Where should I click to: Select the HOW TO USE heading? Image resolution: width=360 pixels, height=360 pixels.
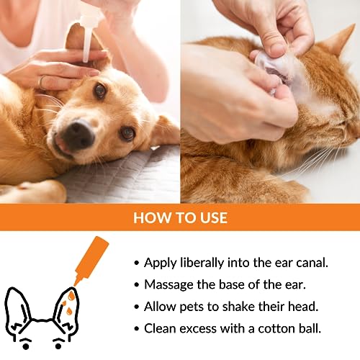(x=179, y=218)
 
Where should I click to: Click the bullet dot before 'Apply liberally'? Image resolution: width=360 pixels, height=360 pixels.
(x=136, y=264)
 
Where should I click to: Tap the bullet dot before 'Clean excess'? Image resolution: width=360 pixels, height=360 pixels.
(x=136, y=328)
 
